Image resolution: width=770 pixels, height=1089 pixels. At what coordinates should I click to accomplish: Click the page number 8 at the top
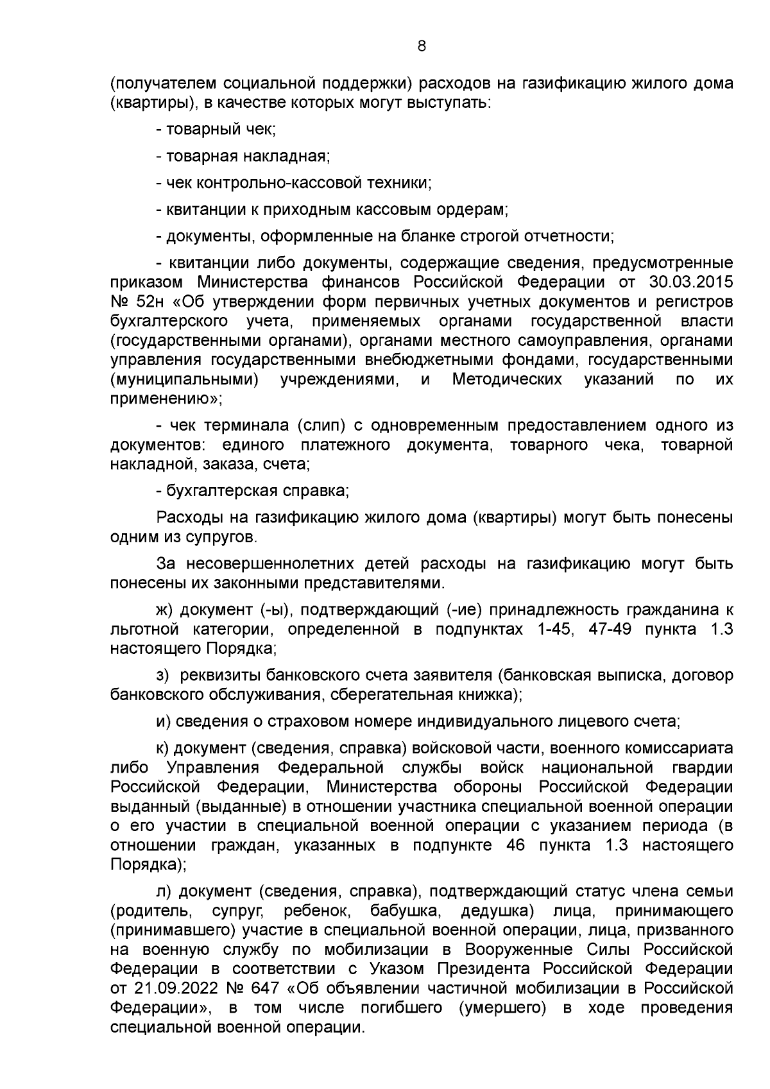tap(422, 46)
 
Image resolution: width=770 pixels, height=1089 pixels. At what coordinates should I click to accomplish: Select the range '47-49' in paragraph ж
tap(610, 630)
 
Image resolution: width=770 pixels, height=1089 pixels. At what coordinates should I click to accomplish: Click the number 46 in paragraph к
tap(516, 845)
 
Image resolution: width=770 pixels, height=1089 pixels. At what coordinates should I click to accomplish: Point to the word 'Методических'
tap(507, 379)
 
